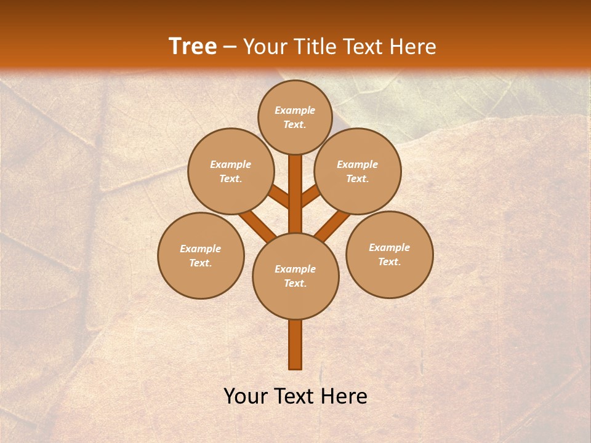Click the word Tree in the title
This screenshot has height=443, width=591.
pyautogui.click(x=193, y=46)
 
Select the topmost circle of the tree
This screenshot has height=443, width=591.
pyautogui.click(x=295, y=117)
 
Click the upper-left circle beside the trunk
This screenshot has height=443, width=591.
pyautogui.click(x=231, y=171)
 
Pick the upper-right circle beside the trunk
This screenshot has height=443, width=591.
pyautogui.click(x=358, y=171)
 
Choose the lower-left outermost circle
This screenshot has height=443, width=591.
pyautogui.click(x=201, y=255)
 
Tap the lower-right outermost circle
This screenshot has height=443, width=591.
pyautogui.click(x=390, y=254)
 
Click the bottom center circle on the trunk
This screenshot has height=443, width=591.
pyautogui.click(x=295, y=276)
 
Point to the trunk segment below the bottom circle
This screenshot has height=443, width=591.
pyautogui.click(x=295, y=345)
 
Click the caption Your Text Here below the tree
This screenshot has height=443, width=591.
pyautogui.click(x=295, y=396)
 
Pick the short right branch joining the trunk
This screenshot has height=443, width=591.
pyautogui.click(x=310, y=196)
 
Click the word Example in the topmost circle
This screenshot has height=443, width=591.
pyautogui.click(x=295, y=110)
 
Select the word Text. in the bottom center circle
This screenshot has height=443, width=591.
pyautogui.click(x=295, y=284)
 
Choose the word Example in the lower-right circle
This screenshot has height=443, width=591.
pyautogui.click(x=389, y=247)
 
